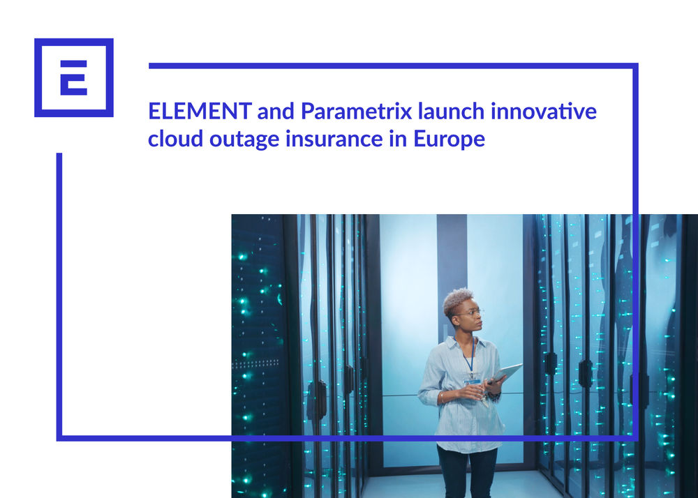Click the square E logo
pyautogui.click(x=73, y=77)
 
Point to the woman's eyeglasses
pyautogui.click(x=469, y=314)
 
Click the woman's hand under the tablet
pyautogui.click(x=491, y=391)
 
